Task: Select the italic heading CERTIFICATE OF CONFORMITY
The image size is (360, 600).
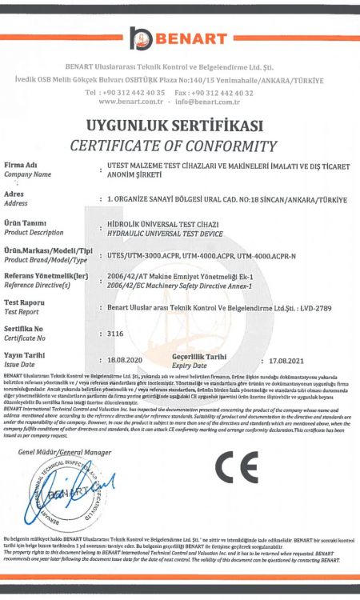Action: pos(179,146)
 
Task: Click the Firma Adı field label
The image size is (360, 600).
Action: pos(22,165)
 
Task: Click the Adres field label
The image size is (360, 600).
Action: pos(14,194)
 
